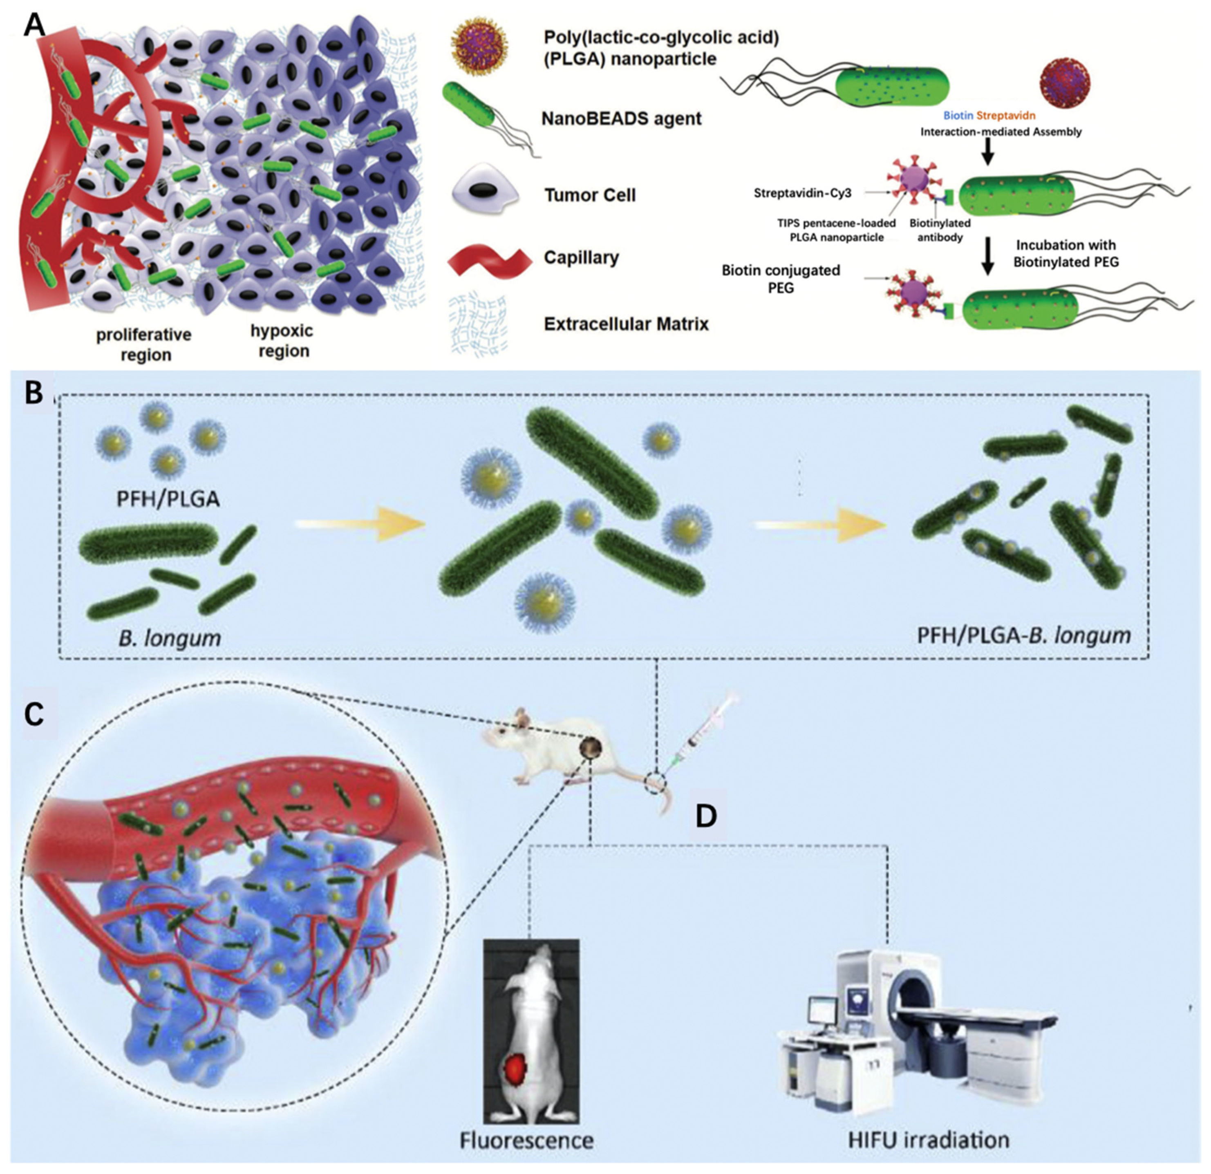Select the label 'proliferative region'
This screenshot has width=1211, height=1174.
144,345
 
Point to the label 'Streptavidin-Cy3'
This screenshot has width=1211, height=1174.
802,193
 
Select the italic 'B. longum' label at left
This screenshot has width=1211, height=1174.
169,637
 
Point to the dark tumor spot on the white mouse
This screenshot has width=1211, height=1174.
591,748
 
